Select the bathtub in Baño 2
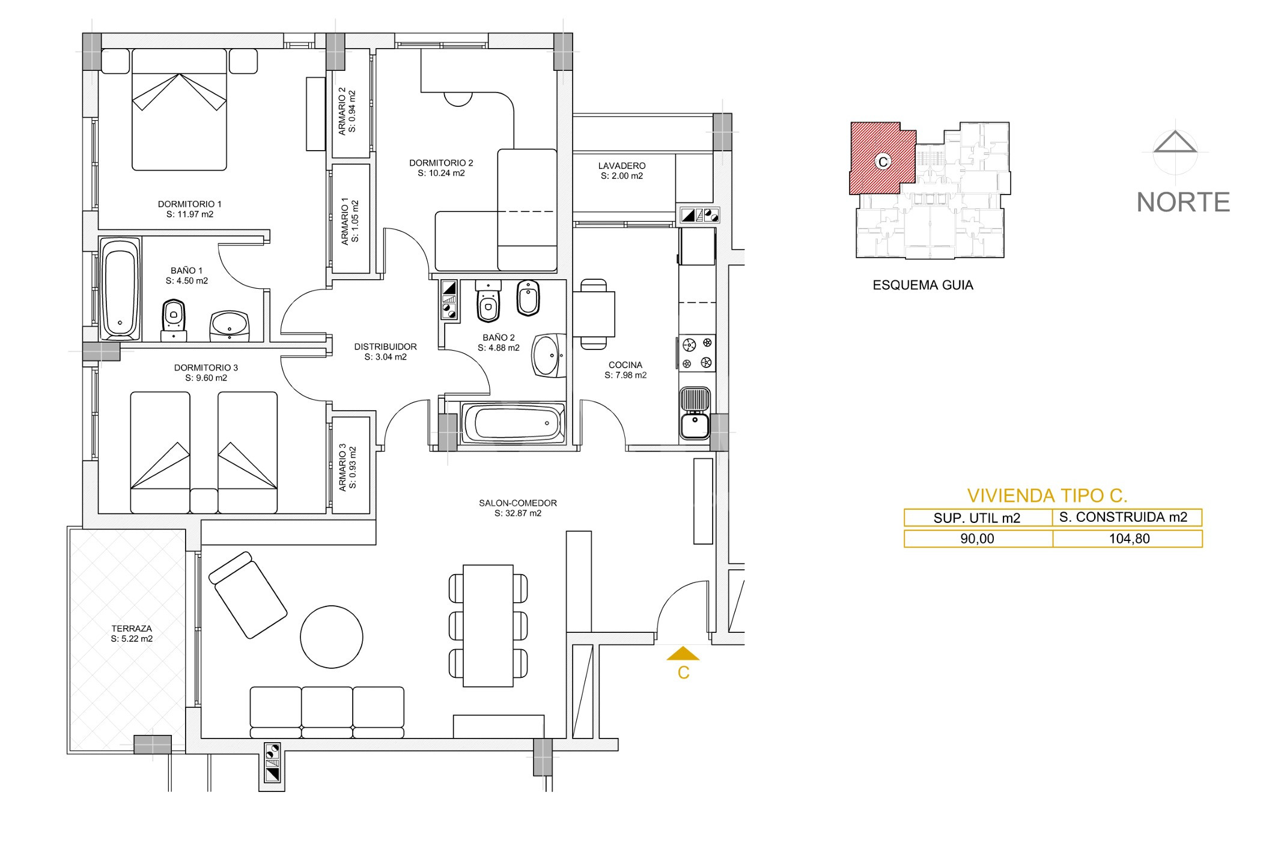(513, 423)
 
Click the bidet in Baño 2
(528, 297)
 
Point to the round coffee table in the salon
(332, 636)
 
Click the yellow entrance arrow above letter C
(683, 653)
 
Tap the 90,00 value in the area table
(977, 539)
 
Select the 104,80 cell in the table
(1128, 539)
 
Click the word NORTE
(1183, 202)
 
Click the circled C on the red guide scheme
(883, 162)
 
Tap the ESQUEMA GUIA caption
(923, 285)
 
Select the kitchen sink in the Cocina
(695, 414)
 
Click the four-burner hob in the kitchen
(697, 353)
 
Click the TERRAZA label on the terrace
(132, 634)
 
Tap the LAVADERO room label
(622, 171)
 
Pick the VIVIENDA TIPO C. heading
(1047, 495)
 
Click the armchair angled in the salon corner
(248, 594)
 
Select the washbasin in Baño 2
(549, 355)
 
